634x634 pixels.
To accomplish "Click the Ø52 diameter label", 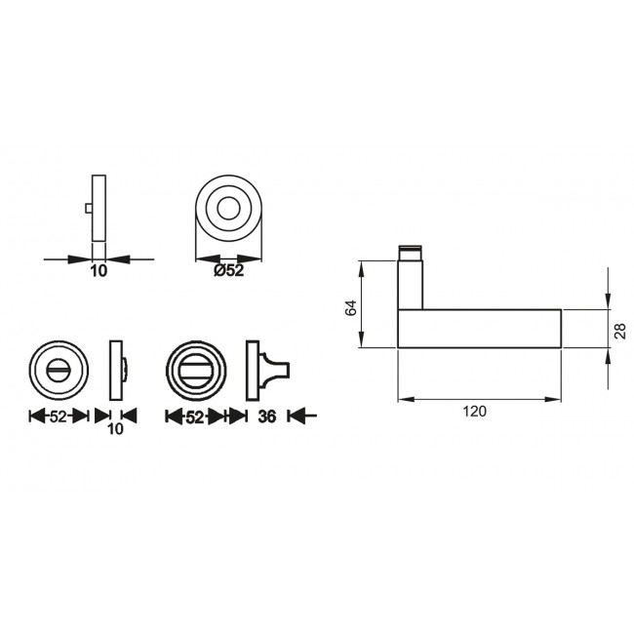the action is click(x=229, y=270).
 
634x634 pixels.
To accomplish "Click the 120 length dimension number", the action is click(x=474, y=412).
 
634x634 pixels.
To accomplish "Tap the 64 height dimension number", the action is click(x=350, y=308).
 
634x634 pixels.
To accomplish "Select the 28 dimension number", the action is click(x=621, y=331).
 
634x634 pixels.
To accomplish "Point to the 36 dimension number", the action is click(x=267, y=416).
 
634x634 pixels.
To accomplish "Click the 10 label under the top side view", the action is click(x=99, y=271).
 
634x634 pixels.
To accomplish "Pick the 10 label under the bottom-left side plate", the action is click(x=116, y=428).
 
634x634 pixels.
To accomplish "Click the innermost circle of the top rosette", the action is click(x=228, y=209).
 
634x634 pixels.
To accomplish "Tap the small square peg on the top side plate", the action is click(x=89, y=208).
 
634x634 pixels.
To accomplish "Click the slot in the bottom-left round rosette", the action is click(x=59, y=370).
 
